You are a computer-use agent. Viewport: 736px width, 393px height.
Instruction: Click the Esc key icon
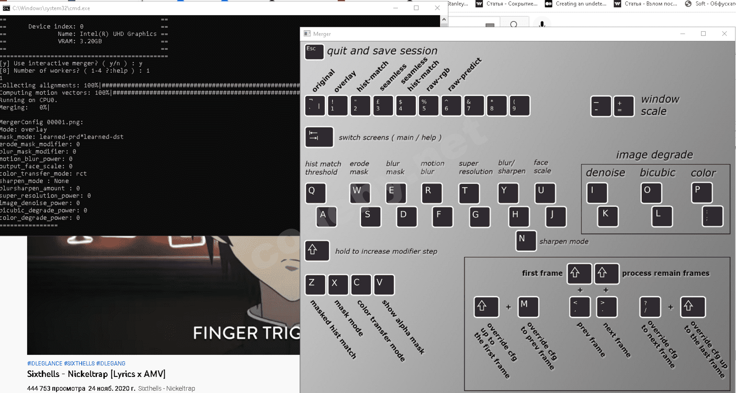pos(314,52)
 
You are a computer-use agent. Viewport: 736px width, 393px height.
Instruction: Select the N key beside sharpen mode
pos(526,241)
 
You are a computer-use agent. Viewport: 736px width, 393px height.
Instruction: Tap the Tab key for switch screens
pos(319,137)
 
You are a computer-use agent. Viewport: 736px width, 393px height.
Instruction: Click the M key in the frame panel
pos(528,307)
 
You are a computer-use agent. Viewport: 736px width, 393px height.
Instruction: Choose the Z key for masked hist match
pos(315,284)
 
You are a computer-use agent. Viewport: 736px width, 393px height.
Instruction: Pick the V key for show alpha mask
pos(384,284)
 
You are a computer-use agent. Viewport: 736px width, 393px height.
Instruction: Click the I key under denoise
pos(597,193)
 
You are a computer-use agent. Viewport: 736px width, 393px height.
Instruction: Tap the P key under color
pos(701,193)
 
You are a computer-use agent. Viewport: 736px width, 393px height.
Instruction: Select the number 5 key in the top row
pos(428,106)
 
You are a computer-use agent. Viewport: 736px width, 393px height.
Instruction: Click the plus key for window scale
pos(623,106)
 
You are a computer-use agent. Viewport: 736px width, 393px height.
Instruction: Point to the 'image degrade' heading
pos(654,155)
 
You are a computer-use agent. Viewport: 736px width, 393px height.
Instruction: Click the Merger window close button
pos(724,34)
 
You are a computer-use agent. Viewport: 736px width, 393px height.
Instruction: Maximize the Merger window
pos(703,34)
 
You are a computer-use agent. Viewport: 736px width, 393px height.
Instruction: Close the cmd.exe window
pos(437,8)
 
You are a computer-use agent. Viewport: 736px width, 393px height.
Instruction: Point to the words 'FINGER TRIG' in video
pos(246,333)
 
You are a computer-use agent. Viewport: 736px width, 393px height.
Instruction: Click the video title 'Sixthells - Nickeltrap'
pos(96,374)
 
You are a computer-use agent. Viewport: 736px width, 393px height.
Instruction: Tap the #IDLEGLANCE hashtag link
pos(45,364)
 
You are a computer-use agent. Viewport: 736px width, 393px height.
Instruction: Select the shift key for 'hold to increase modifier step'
pos(317,251)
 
